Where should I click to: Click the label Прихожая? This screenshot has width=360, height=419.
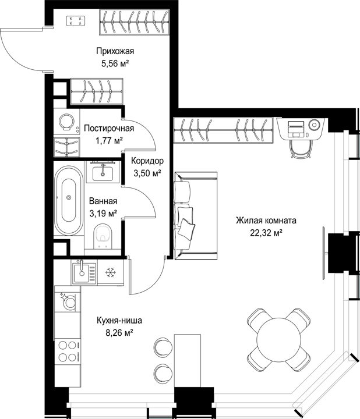tap(115, 51)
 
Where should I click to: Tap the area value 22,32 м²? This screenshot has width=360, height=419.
tap(266, 233)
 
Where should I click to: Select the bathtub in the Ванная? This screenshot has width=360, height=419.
tap(69, 200)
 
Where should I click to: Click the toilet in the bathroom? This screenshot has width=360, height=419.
tap(103, 236)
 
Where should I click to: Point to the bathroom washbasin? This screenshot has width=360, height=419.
tap(103, 172)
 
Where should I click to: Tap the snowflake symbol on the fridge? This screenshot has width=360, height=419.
tap(110, 272)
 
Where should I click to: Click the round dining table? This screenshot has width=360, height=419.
tap(278, 339)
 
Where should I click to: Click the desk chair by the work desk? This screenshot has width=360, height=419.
tap(301, 148)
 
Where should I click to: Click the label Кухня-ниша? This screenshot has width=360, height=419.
tap(119, 320)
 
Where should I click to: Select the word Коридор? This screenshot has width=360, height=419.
tap(147, 161)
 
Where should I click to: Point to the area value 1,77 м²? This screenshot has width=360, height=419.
tap(109, 141)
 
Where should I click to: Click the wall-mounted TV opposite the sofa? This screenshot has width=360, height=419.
tap(324, 253)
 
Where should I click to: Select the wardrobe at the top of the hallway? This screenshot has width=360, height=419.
tap(134, 22)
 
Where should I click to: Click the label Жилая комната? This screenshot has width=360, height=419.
tap(266, 221)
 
